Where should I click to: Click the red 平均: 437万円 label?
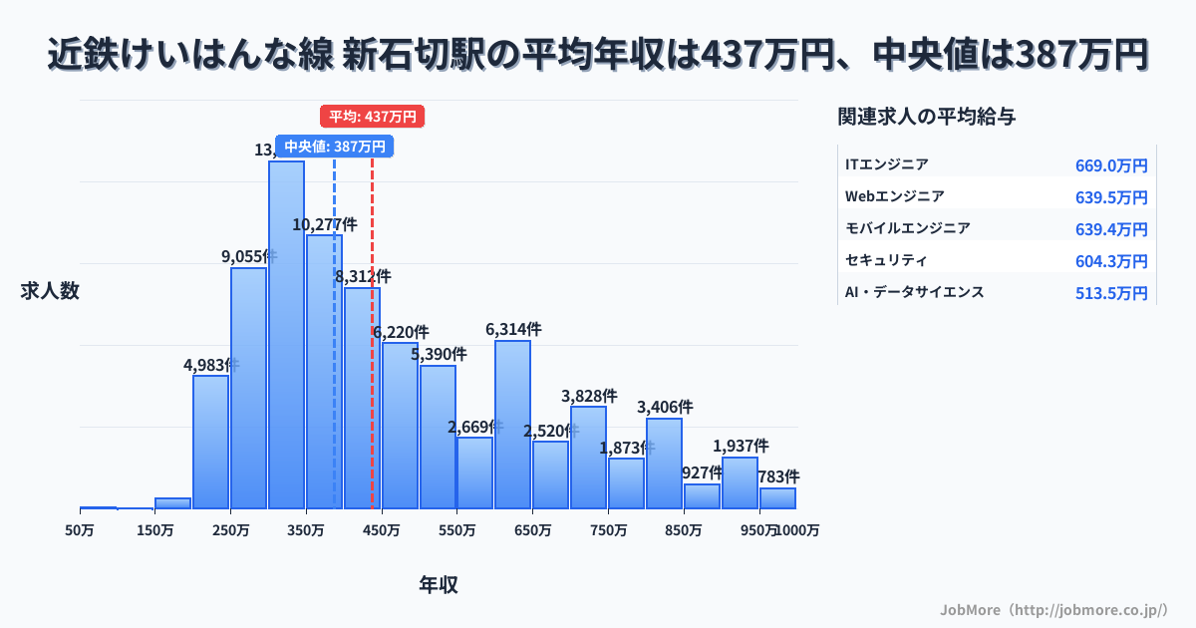point(373,117)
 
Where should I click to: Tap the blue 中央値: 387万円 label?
point(334,147)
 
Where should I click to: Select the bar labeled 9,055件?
point(248,388)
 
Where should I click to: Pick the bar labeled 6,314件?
point(512,425)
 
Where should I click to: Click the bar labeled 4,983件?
point(210,442)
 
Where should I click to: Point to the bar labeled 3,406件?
point(664,464)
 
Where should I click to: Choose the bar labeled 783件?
point(777,498)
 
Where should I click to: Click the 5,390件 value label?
point(439,354)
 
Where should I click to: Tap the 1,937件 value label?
point(741,446)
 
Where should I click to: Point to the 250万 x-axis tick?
point(230,530)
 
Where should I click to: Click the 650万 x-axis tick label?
point(532,530)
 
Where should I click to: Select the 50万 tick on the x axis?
point(80,530)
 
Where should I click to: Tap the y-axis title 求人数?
point(50,291)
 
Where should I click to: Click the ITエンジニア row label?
point(886,164)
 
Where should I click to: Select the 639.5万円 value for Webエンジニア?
point(1111,197)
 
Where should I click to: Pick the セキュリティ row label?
point(886,260)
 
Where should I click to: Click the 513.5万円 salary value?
point(1111,293)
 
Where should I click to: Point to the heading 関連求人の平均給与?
point(927,117)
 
